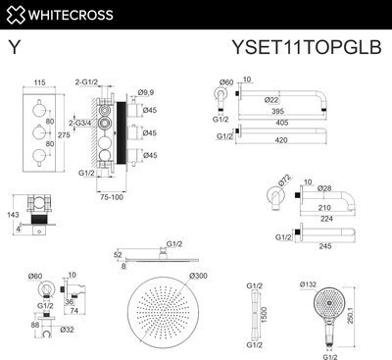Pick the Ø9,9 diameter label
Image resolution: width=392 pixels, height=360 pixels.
tap(146, 92)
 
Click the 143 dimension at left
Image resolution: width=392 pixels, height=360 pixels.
tap(13, 212)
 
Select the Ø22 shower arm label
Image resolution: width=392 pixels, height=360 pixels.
tap(273, 99)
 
